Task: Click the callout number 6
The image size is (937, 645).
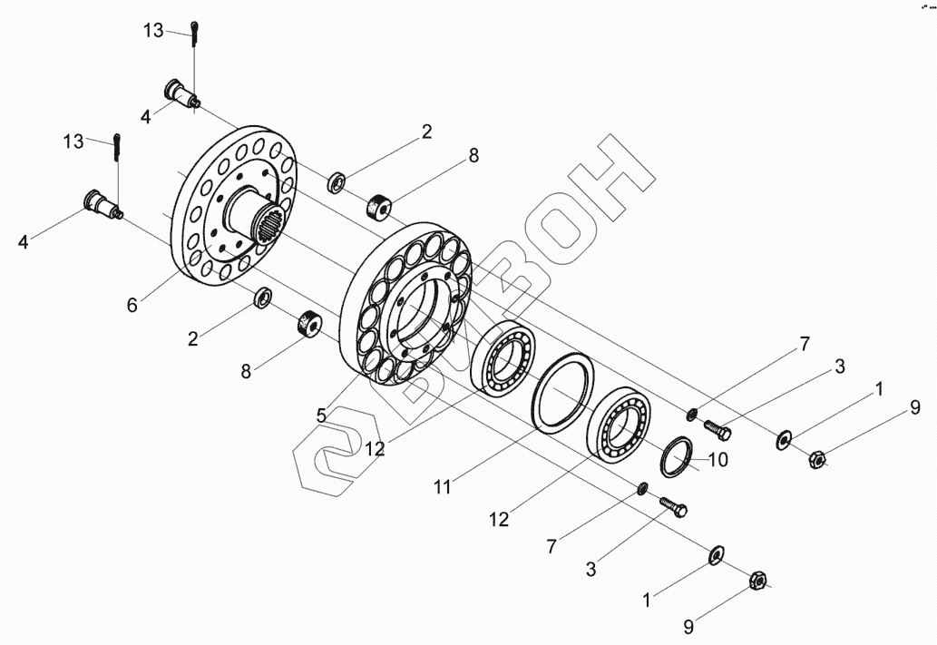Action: click(x=132, y=306)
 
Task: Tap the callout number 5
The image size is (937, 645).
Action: click(x=321, y=415)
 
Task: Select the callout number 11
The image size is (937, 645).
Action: click(x=442, y=487)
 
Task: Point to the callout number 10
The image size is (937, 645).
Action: click(x=717, y=460)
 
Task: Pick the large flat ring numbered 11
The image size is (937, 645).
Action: click(x=562, y=394)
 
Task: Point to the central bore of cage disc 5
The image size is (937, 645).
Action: click(x=423, y=314)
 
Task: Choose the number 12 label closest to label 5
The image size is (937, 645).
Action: click(x=374, y=448)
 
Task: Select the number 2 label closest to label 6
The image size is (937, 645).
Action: click(x=192, y=339)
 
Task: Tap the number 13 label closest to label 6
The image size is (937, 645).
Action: click(x=74, y=142)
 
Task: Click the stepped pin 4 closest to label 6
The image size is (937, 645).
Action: click(x=102, y=201)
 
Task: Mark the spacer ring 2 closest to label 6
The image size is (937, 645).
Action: click(x=264, y=296)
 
